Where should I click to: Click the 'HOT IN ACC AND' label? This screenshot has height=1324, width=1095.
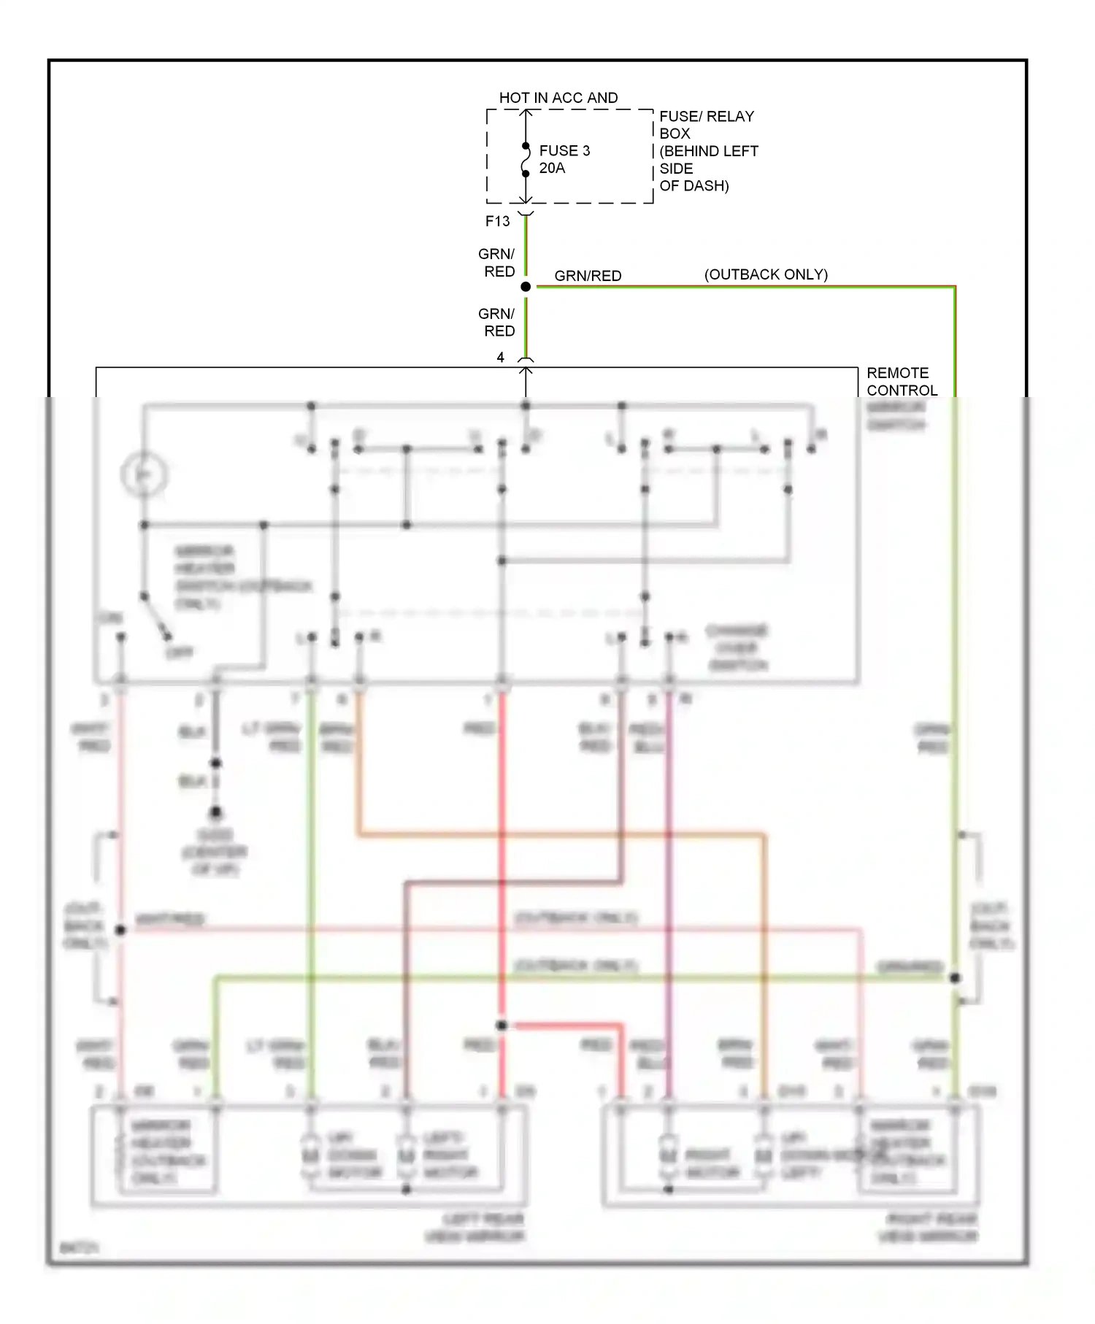(x=558, y=98)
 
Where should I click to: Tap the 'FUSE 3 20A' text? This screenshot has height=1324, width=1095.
(x=564, y=159)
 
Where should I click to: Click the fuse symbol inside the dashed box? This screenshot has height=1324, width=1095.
(x=526, y=161)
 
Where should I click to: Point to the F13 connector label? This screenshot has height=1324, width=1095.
(x=498, y=221)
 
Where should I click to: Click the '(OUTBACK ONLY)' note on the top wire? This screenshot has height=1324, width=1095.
(x=766, y=274)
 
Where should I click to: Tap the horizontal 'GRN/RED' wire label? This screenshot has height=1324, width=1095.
(x=588, y=276)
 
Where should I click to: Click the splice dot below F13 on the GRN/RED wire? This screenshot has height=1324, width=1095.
(x=526, y=287)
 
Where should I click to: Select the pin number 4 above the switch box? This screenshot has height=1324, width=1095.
(x=500, y=358)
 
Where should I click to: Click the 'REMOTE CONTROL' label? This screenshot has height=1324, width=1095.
(x=901, y=382)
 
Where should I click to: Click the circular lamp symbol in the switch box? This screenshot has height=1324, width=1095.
(x=145, y=474)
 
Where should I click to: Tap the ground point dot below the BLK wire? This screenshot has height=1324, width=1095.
(x=215, y=812)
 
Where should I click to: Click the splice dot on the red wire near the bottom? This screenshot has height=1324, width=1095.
(x=502, y=1025)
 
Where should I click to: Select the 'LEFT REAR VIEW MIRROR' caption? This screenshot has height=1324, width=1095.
(x=475, y=1228)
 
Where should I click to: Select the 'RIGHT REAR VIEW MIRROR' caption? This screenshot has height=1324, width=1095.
(x=929, y=1228)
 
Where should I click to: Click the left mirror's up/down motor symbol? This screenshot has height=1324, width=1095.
(x=311, y=1155)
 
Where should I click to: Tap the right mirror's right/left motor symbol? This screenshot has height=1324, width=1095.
(x=668, y=1155)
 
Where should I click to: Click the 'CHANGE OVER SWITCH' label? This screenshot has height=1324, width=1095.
(x=736, y=648)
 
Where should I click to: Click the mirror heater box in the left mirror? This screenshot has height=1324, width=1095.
(x=166, y=1152)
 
